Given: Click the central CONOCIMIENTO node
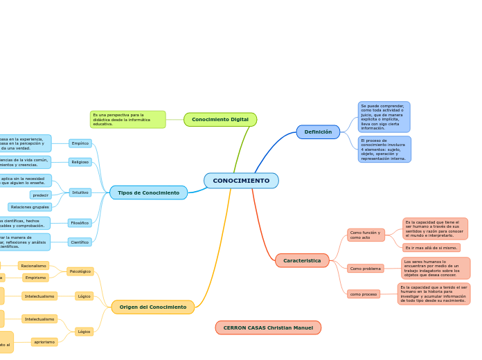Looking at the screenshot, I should point(241,181).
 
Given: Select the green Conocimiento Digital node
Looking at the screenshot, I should point(220,120).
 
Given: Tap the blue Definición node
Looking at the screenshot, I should point(318,132).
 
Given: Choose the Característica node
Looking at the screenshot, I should point(302,260).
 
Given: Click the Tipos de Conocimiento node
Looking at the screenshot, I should point(148,192).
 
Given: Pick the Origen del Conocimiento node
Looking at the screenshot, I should point(152,307).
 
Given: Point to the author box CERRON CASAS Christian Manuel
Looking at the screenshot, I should point(268,327).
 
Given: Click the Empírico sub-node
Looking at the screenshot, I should point(80,143).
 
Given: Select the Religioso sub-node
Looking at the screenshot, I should point(80,162).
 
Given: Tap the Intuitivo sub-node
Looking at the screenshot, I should point(80,192).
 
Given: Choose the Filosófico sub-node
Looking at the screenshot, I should point(80,223).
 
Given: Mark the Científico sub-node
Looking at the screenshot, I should point(80,242).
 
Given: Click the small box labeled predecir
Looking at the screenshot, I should point(41,195).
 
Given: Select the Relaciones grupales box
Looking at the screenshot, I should point(30,207).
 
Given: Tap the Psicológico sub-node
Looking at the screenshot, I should point(80,271).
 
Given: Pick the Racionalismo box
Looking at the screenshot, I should point(33,266).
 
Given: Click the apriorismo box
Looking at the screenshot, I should point(44,342).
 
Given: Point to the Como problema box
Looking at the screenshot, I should point(366,269).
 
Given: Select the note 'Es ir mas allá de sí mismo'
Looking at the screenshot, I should point(431,248).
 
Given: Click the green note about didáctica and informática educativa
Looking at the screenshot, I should point(128,119).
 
